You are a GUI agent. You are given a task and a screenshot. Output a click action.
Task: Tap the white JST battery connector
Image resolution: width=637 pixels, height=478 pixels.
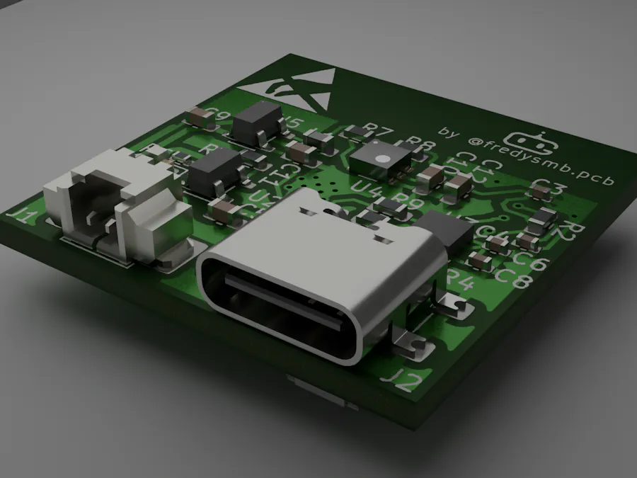tap(117, 209)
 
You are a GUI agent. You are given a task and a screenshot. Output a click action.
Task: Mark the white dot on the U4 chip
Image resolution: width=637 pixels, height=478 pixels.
tap(383, 158)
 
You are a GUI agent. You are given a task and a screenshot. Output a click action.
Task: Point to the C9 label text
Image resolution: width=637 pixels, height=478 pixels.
tap(222, 118)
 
